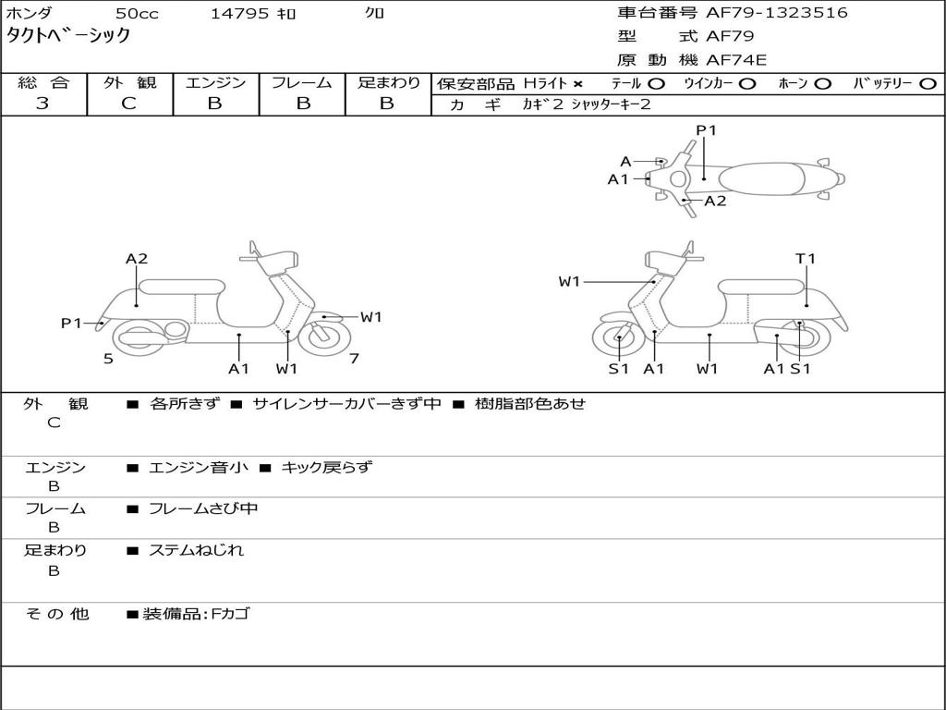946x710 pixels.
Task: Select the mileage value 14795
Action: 239,14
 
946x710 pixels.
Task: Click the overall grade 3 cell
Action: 42,104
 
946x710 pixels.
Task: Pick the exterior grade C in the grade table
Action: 128,104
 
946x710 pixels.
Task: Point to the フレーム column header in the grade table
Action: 301,83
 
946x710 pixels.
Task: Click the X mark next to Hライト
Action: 578,83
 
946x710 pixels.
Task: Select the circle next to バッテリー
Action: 927,83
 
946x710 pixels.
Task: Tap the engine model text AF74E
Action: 736,60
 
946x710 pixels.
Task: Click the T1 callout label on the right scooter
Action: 806,259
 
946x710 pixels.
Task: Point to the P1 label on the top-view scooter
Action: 706,130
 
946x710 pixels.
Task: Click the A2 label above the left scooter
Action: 137,259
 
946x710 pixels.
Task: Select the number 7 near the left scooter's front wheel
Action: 354,359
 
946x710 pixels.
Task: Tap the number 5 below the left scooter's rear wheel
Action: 108,359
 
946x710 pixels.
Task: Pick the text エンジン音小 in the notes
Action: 198,468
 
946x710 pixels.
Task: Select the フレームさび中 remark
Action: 203,508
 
